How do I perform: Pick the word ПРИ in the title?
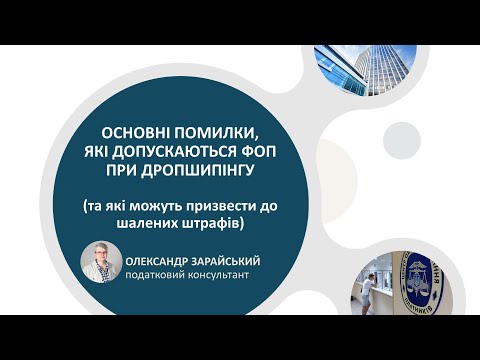[x=136, y=168]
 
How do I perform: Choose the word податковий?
[x=155, y=274]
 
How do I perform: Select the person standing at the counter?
[x=370, y=285]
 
